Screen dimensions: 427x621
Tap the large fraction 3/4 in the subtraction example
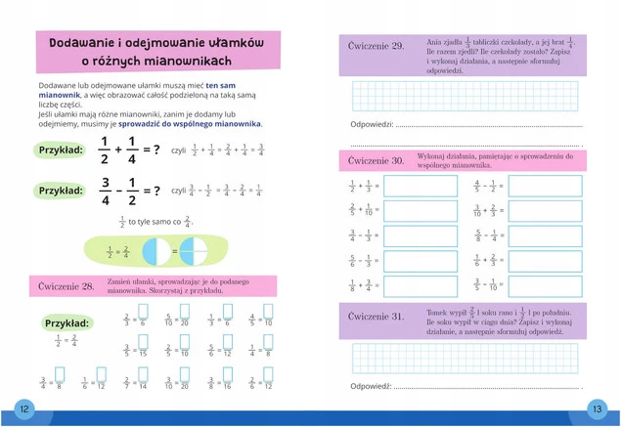(105, 191)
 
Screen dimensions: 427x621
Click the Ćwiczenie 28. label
(67, 286)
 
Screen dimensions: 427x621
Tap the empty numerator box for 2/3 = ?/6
(144, 315)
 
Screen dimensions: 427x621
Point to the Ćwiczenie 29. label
(377, 47)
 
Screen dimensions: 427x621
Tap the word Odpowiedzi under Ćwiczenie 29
(372, 124)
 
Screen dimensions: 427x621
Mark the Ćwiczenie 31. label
(377, 317)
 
